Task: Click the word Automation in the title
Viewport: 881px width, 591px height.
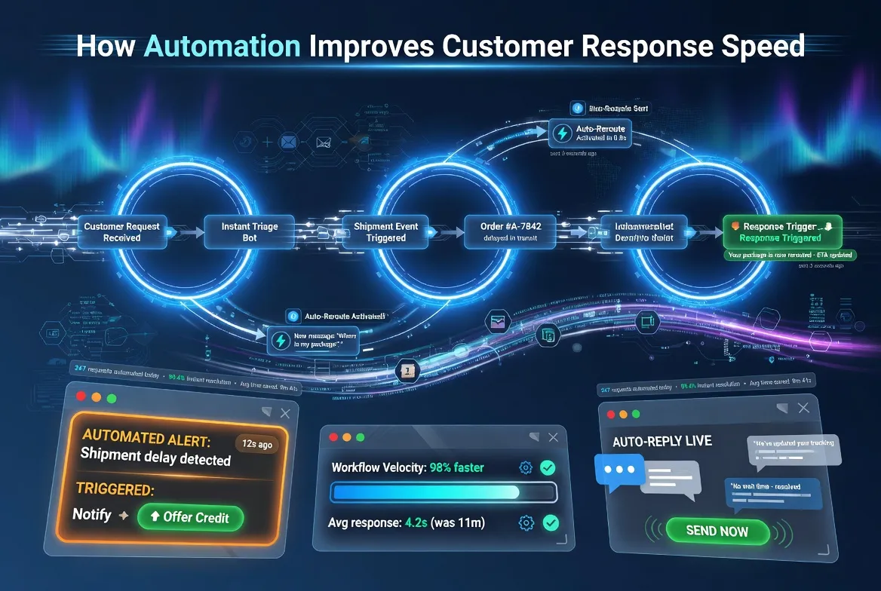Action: (x=222, y=46)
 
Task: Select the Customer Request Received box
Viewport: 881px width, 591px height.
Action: (x=122, y=231)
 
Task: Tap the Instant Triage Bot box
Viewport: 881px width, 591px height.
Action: (x=250, y=231)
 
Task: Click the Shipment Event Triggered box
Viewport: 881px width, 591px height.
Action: (x=385, y=231)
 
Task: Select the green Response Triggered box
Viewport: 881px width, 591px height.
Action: (x=780, y=231)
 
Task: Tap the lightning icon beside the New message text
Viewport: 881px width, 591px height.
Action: (x=281, y=341)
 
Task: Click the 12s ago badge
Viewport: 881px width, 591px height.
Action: (x=256, y=444)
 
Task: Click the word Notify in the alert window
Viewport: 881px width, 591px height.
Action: (x=92, y=516)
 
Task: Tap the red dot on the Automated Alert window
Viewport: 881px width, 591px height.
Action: (x=81, y=397)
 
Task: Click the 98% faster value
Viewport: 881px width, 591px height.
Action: (x=457, y=468)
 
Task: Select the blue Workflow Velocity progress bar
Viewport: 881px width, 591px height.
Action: (x=426, y=492)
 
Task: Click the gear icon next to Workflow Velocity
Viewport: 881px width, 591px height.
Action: (x=526, y=468)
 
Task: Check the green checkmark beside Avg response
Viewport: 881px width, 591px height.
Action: (x=551, y=522)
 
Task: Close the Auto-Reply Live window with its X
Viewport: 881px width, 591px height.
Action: (x=804, y=408)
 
